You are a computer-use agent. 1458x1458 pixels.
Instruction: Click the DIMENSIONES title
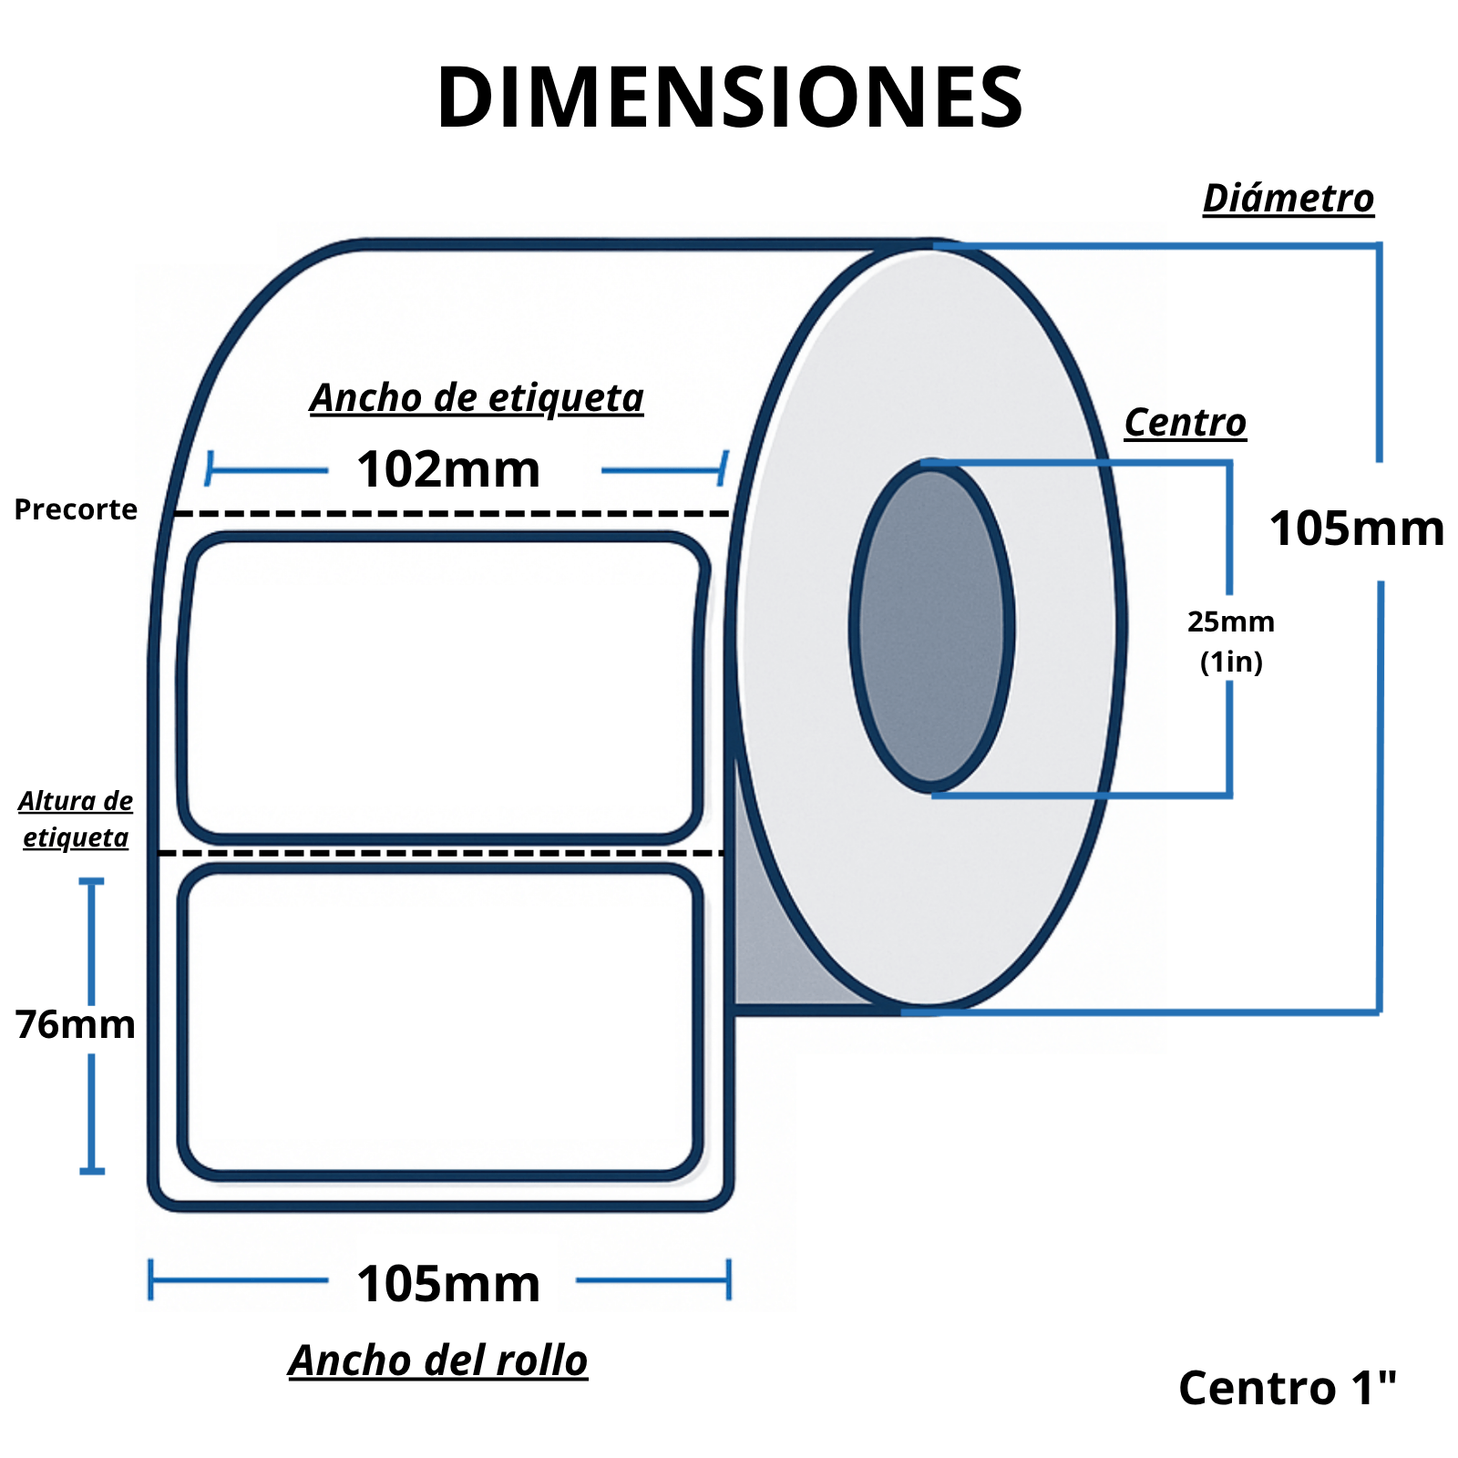pyautogui.click(x=729, y=98)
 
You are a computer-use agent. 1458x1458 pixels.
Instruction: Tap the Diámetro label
pyautogui.click(x=1288, y=199)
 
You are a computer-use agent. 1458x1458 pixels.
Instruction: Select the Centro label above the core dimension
pyautogui.click(x=1185, y=423)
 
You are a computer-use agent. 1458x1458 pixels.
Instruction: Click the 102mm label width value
pyautogui.click(x=448, y=470)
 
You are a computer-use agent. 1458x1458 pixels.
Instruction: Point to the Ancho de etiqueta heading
pyautogui.click(x=477, y=398)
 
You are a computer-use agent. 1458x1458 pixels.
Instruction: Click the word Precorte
pyautogui.click(x=76, y=509)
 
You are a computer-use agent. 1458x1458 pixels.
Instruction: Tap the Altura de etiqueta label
pyautogui.click(x=76, y=818)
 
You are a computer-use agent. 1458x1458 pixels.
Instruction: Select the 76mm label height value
pyautogui.click(x=76, y=1024)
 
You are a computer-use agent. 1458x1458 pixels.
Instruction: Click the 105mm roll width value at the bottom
pyautogui.click(x=448, y=1284)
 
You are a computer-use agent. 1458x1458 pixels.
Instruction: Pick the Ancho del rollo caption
pyautogui.click(x=438, y=1360)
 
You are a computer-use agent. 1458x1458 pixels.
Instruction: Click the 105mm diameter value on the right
pyautogui.click(x=1356, y=529)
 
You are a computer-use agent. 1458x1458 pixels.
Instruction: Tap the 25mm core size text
pyautogui.click(x=1230, y=622)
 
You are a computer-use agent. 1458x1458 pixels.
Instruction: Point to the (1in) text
pyautogui.click(x=1231, y=662)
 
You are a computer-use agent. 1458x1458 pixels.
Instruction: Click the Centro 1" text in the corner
pyautogui.click(x=1287, y=1388)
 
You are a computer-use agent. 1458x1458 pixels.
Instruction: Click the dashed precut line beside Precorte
pyautogui.click(x=451, y=514)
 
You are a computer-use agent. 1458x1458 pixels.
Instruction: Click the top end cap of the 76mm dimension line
pyautogui.click(x=91, y=882)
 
